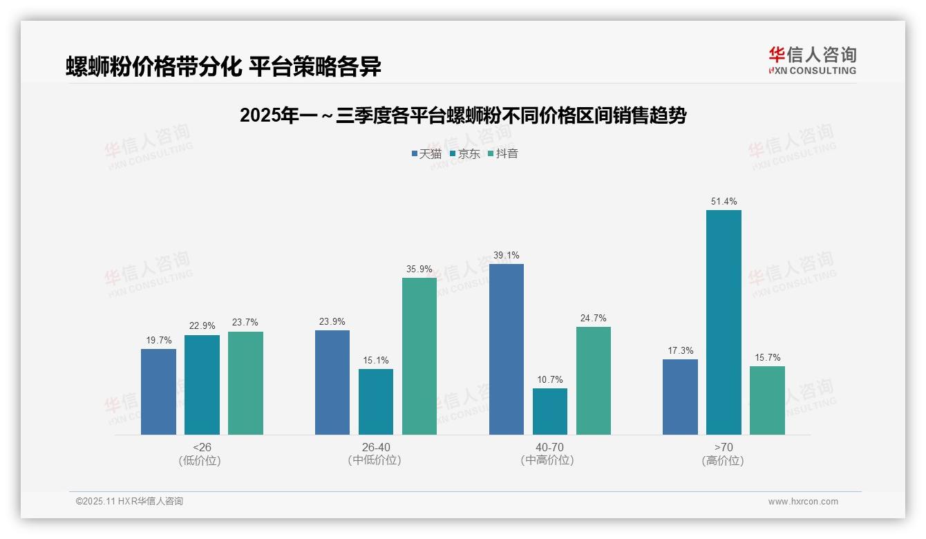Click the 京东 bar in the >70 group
click(x=724, y=322)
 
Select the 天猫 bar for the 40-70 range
click(x=507, y=349)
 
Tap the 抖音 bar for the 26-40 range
click(x=419, y=356)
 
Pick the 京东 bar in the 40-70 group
click(x=550, y=411)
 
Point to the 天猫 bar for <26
click(x=158, y=391)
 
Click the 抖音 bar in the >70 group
click(x=767, y=400)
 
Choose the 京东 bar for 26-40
click(x=376, y=401)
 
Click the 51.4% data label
click(x=724, y=202)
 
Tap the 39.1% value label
click(x=507, y=256)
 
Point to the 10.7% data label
click(x=550, y=379)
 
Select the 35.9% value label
click(x=419, y=269)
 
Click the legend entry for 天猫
click(x=426, y=154)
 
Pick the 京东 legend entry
click(x=464, y=154)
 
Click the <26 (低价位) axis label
click(x=200, y=454)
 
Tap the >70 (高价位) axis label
click(x=724, y=454)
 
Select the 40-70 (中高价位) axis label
click(x=549, y=454)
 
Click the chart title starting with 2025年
click(x=462, y=116)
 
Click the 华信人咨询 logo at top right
click(x=812, y=60)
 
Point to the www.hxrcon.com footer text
click(x=803, y=502)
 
